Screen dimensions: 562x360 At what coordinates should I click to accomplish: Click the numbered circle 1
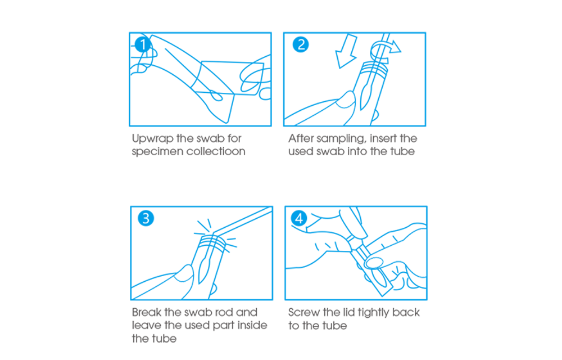point(143,44)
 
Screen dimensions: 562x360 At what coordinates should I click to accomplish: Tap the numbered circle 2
point(300,44)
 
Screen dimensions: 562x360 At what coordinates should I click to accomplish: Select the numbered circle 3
point(146,218)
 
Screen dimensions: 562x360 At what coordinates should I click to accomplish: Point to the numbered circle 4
point(299,218)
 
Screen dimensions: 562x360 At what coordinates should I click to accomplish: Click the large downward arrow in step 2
point(346,52)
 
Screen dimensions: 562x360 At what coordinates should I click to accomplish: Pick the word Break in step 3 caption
point(147,312)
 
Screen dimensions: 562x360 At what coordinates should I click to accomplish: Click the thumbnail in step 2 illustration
point(346,100)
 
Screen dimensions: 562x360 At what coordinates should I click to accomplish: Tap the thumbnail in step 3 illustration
point(184,273)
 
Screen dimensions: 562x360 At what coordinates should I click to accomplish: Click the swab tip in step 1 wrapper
point(216,96)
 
